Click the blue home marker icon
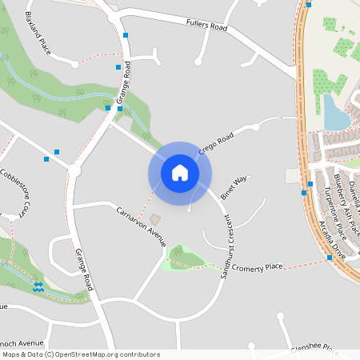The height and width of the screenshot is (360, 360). [179, 173]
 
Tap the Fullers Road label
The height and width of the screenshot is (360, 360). [206, 26]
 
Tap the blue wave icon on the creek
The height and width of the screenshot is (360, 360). [38, 286]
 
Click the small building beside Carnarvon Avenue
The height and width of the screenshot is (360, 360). [155, 218]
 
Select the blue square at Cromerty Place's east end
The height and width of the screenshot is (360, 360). [330, 258]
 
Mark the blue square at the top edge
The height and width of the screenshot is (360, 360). [309, 4]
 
